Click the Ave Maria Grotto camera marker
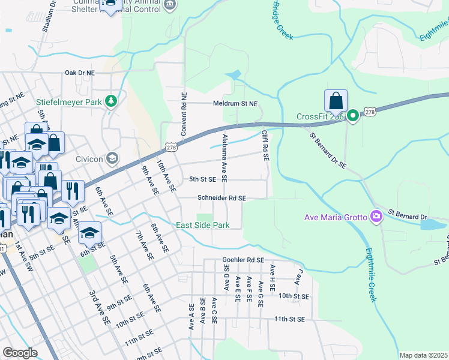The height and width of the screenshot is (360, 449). click(x=376, y=216)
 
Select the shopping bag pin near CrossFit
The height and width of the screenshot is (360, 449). click(x=336, y=101)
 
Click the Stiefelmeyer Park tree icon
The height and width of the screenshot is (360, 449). click(x=110, y=102)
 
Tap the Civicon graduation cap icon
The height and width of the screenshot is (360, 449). click(x=111, y=158)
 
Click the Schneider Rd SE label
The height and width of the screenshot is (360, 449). click(x=222, y=198)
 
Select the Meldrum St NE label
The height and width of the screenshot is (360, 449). click(x=235, y=104)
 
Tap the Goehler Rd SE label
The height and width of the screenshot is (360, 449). click(x=243, y=260)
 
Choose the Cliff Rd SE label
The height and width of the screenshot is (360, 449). click(x=264, y=146)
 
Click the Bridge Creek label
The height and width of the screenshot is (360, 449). click(x=282, y=20)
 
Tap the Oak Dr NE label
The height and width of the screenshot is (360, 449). click(x=80, y=73)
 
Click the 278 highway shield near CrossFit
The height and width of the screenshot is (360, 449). click(x=370, y=112)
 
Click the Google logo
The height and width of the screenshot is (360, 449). click(x=20, y=353)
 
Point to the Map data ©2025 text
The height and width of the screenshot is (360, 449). click(x=423, y=355)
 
